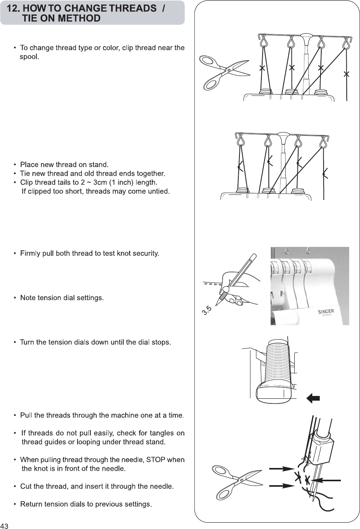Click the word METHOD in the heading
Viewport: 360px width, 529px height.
click(x=81, y=18)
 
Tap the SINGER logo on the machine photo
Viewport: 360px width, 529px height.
click(x=326, y=311)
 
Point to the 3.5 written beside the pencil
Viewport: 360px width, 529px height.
click(x=207, y=311)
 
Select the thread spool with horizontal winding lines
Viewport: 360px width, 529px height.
click(x=278, y=364)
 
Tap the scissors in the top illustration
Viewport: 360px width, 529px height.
click(x=223, y=72)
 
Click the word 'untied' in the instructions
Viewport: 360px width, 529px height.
click(x=158, y=191)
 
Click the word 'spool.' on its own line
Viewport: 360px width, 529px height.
click(x=30, y=57)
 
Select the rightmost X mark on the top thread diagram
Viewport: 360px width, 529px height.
click(x=346, y=74)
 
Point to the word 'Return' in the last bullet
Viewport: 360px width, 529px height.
click(x=31, y=504)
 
